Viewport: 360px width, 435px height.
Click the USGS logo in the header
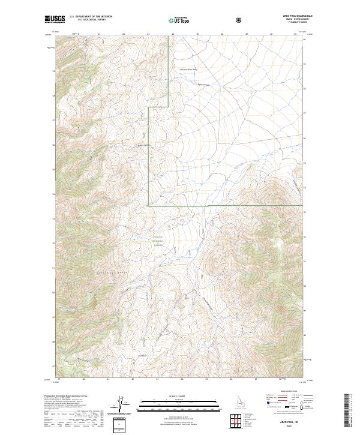(55, 19)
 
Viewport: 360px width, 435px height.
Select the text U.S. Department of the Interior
(91, 17)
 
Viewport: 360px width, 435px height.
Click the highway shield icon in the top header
(239, 20)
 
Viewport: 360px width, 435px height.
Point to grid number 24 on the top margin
(173, 34)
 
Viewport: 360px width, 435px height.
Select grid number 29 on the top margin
(295, 34)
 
